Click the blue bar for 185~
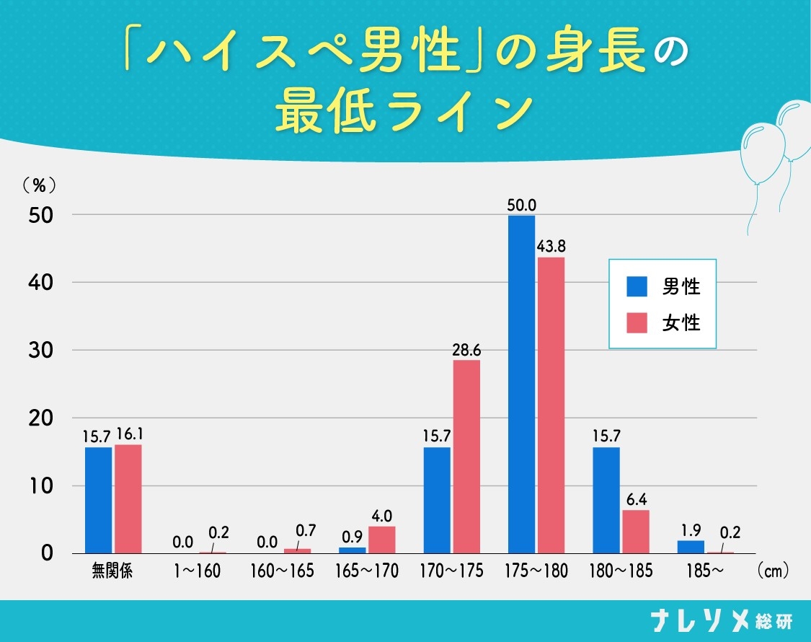click(691, 547)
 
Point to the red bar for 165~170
click(382, 540)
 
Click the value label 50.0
click(521, 206)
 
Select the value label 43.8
click(551, 247)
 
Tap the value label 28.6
click(466, 350)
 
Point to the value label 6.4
click(636, 500)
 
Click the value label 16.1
click(128, 435)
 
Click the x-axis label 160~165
click(282, 571)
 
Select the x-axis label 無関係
click(112, 571)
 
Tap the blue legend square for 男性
click(637, 286)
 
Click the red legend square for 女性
click(637, 322)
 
